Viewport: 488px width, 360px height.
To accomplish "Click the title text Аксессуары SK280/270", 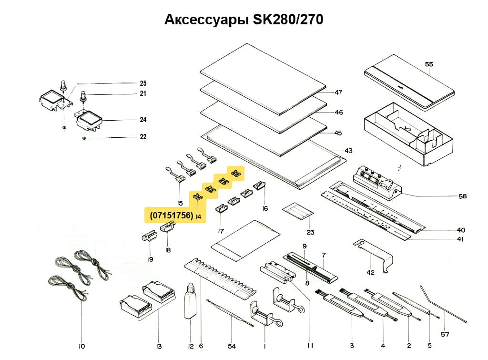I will (x=244, y=20).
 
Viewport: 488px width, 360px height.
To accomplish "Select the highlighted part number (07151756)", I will (x=172, y=216).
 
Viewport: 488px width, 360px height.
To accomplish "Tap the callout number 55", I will (x=429, y=63).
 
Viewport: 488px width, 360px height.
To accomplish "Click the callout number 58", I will (x=462, y=196).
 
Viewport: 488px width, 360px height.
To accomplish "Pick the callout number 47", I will (x=339, y=92).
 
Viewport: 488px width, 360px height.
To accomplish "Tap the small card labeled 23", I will (x=299, y=211).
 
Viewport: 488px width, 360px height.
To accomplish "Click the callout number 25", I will (x=143, y=82).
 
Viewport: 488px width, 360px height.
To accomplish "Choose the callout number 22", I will (x=143, y=137).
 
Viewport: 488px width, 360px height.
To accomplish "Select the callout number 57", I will (x=445, y=334).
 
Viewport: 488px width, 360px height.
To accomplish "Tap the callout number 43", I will (x=348, y=151).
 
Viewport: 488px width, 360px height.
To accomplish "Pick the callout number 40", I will (x=461, y=229).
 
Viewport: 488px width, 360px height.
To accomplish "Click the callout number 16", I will (x=265, y=208).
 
